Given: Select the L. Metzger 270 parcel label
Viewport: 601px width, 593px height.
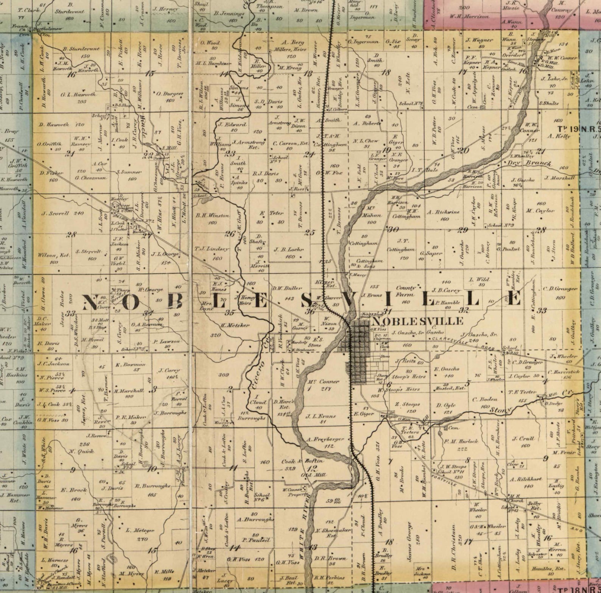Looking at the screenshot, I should coord(139,534).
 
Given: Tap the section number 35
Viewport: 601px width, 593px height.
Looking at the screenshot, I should coord(229,313).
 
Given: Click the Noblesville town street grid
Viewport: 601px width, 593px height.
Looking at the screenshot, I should coord(357,350).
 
